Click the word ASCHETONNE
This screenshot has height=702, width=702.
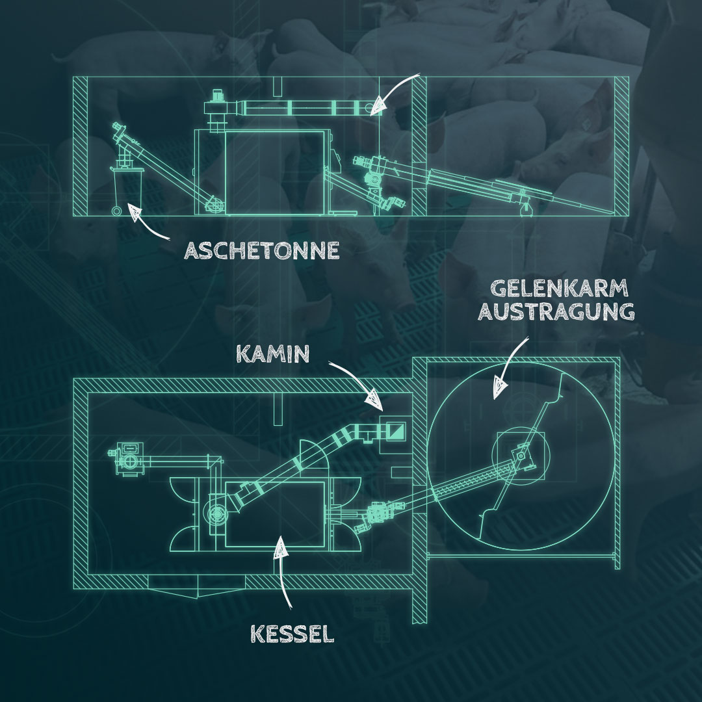point(261,251)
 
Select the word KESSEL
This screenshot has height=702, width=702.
point(292,632)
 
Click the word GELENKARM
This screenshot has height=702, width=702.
point(554,289)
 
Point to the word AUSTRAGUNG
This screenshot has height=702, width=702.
point(556,312)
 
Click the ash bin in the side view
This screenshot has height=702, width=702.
point(128,186)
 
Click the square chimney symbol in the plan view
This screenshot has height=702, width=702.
point(395,429)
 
